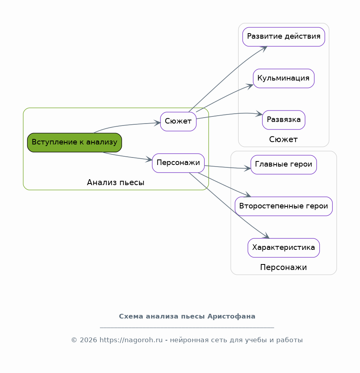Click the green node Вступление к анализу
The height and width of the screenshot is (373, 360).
(75, 142)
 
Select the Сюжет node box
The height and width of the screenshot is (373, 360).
(178, 122)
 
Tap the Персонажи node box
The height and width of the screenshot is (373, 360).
(178, 163)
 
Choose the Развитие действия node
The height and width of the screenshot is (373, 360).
(284, 37)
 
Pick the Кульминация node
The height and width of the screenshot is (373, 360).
(284, 79)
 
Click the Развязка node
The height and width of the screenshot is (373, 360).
(284, 120)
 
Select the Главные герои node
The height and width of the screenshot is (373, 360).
(284, 165)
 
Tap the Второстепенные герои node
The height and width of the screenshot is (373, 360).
(284, 206)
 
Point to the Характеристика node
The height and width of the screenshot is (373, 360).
(284, 248)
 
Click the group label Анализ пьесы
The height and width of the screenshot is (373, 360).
(116, 182)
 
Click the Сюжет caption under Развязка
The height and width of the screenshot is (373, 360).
(283, 139)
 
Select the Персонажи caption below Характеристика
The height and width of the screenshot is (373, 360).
(283, 267)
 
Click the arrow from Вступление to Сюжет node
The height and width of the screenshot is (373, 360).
(126, 125)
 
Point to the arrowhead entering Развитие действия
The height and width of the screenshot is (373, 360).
(264, 49)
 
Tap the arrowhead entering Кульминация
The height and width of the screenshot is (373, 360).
(250, 86)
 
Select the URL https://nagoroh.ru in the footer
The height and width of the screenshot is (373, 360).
(131, 340)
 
